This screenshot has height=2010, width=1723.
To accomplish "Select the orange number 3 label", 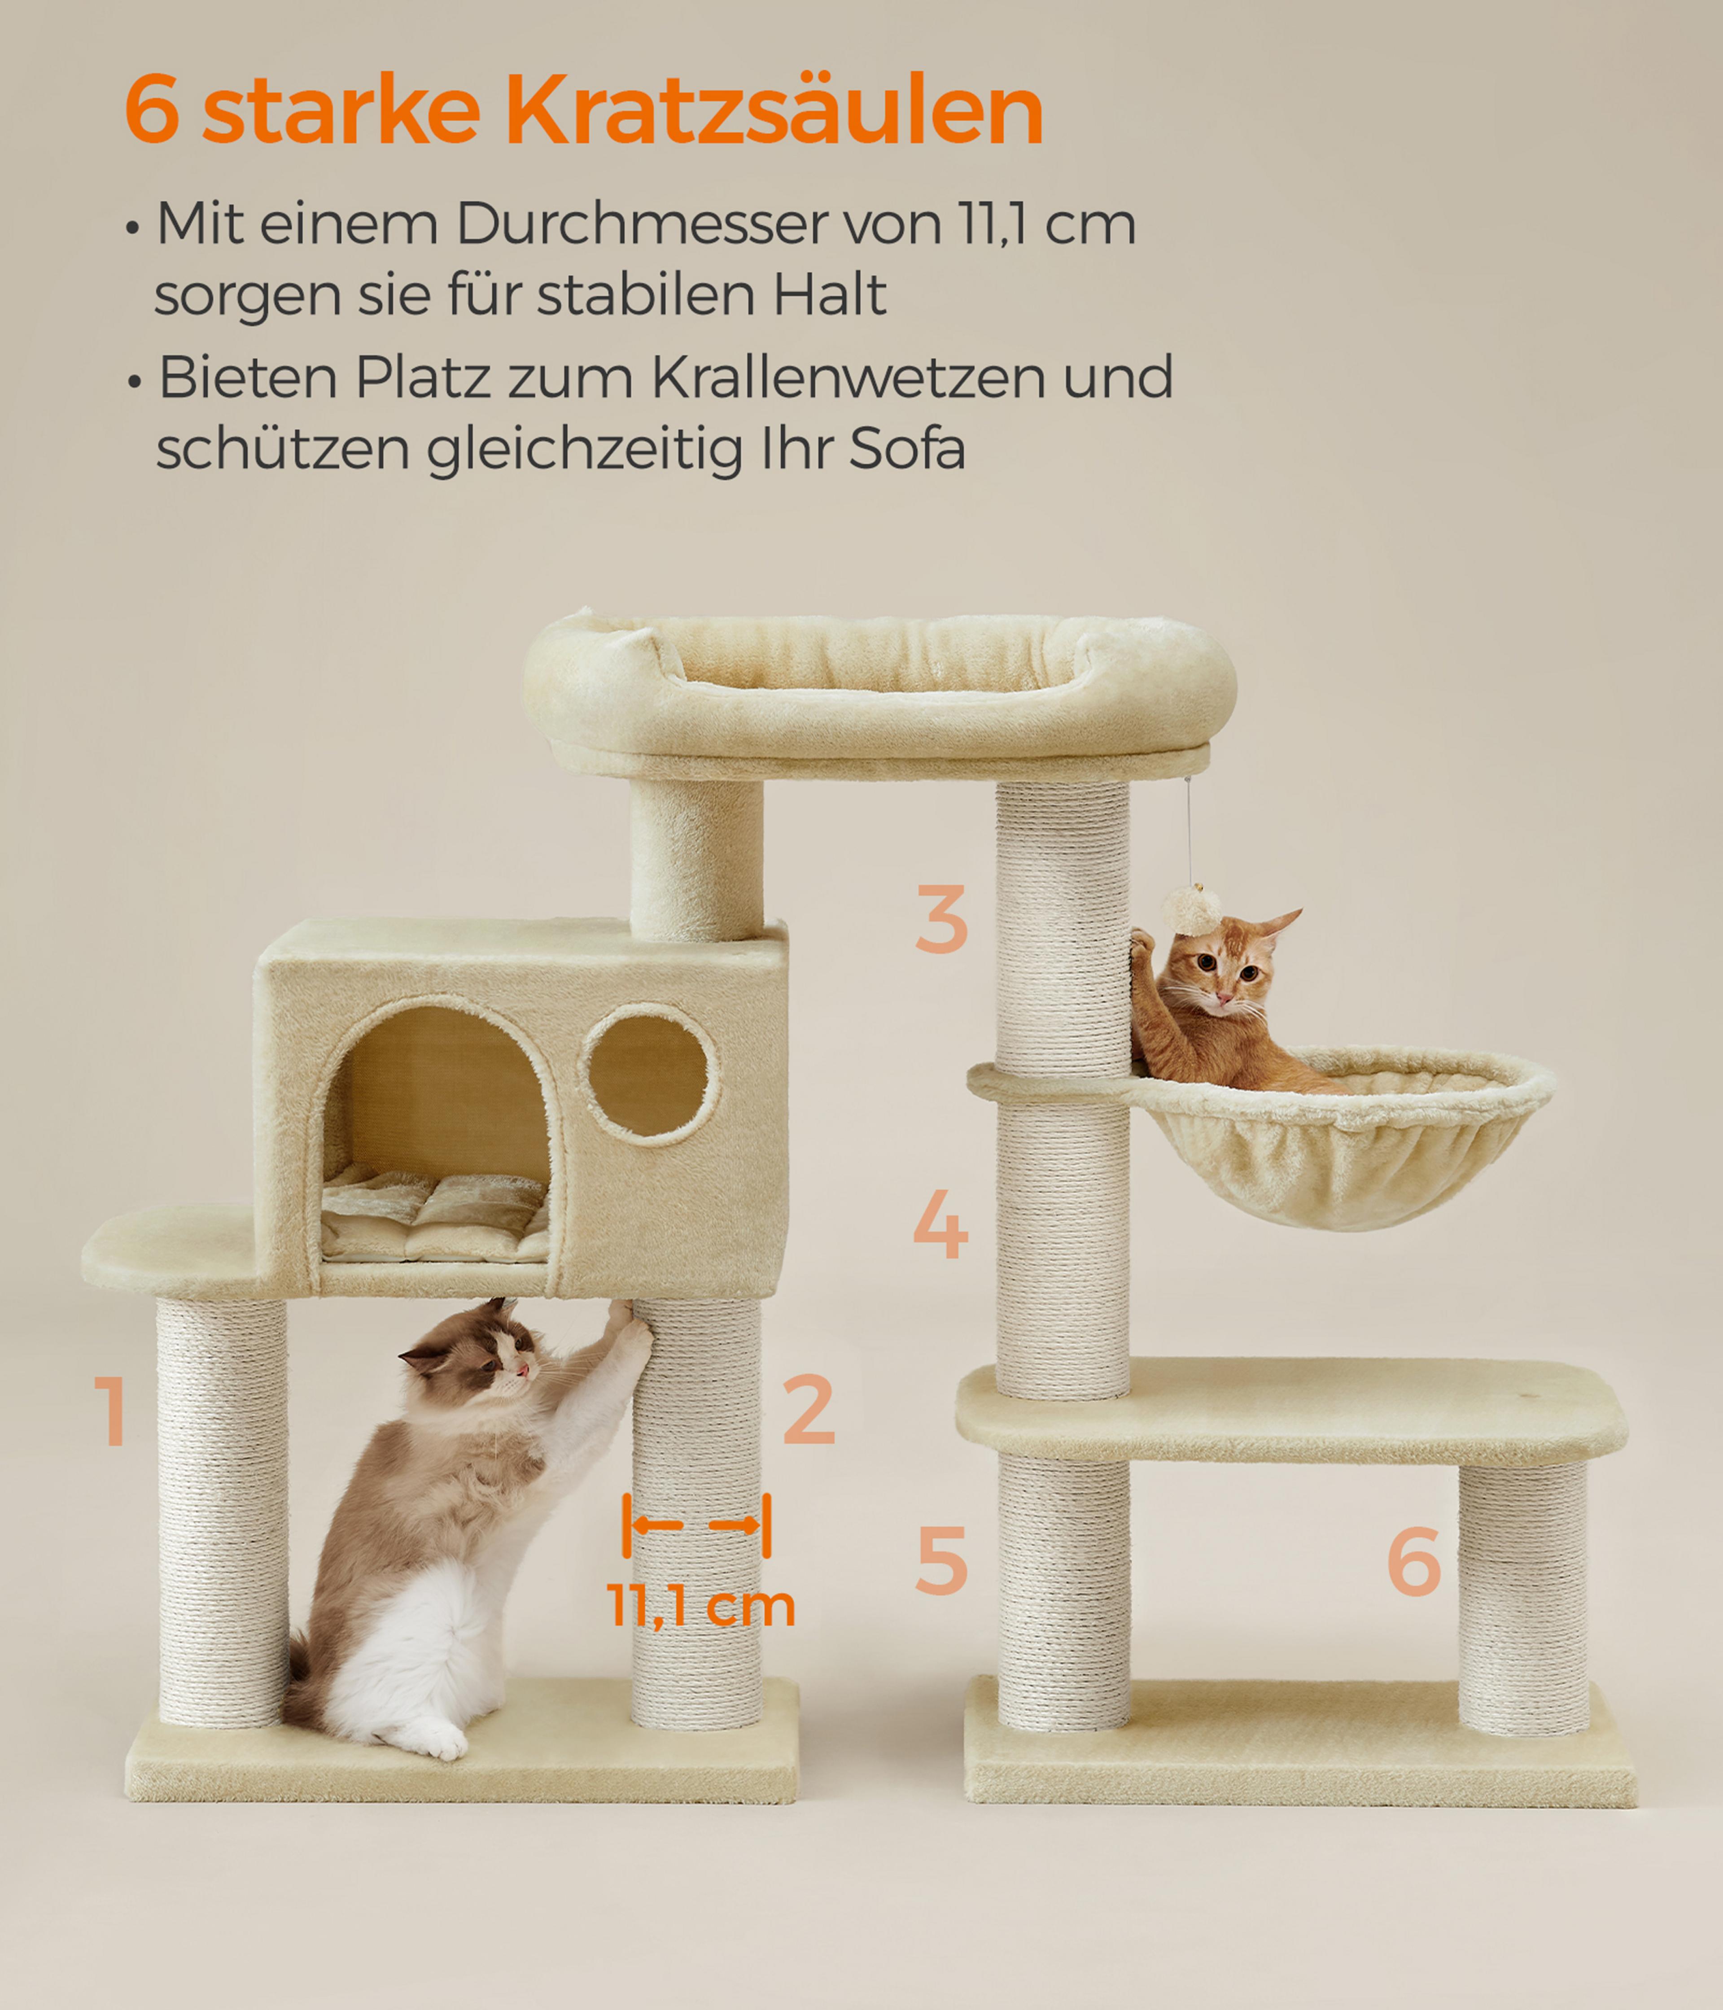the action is [941, 919].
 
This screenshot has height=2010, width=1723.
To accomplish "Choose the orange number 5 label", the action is [941, 1560].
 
